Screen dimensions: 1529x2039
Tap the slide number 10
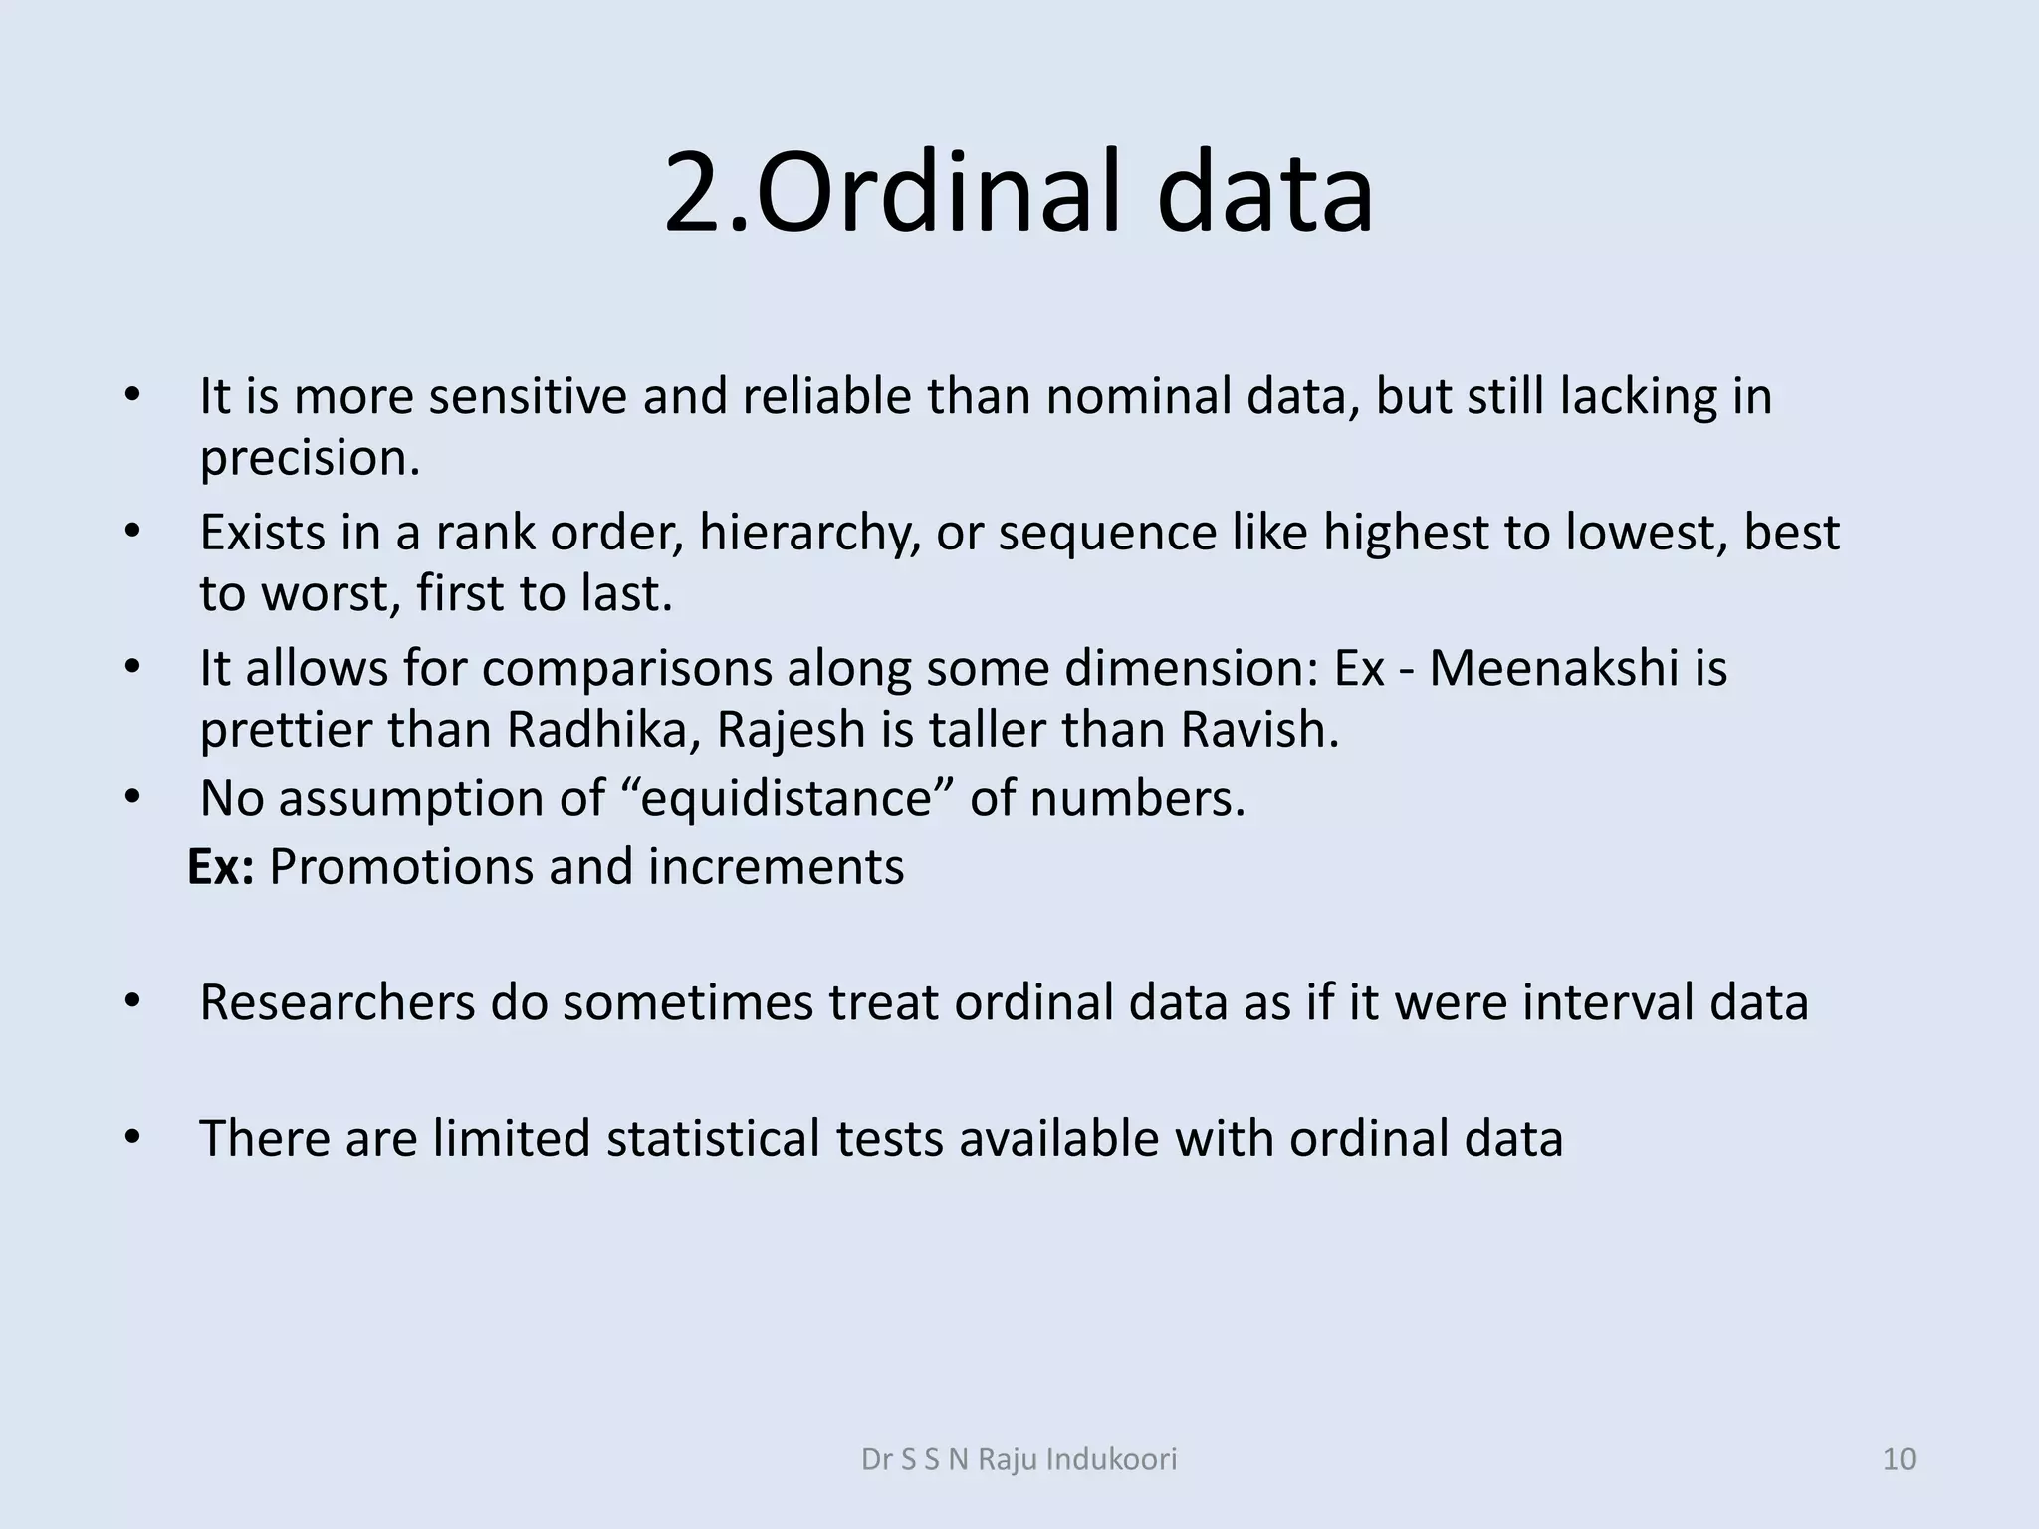tap(1900, 1459)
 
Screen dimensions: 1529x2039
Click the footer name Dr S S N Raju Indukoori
tap(1019, 1459)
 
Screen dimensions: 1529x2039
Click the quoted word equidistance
tap(786, 798)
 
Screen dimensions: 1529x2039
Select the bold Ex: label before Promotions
tap(220, 866)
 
